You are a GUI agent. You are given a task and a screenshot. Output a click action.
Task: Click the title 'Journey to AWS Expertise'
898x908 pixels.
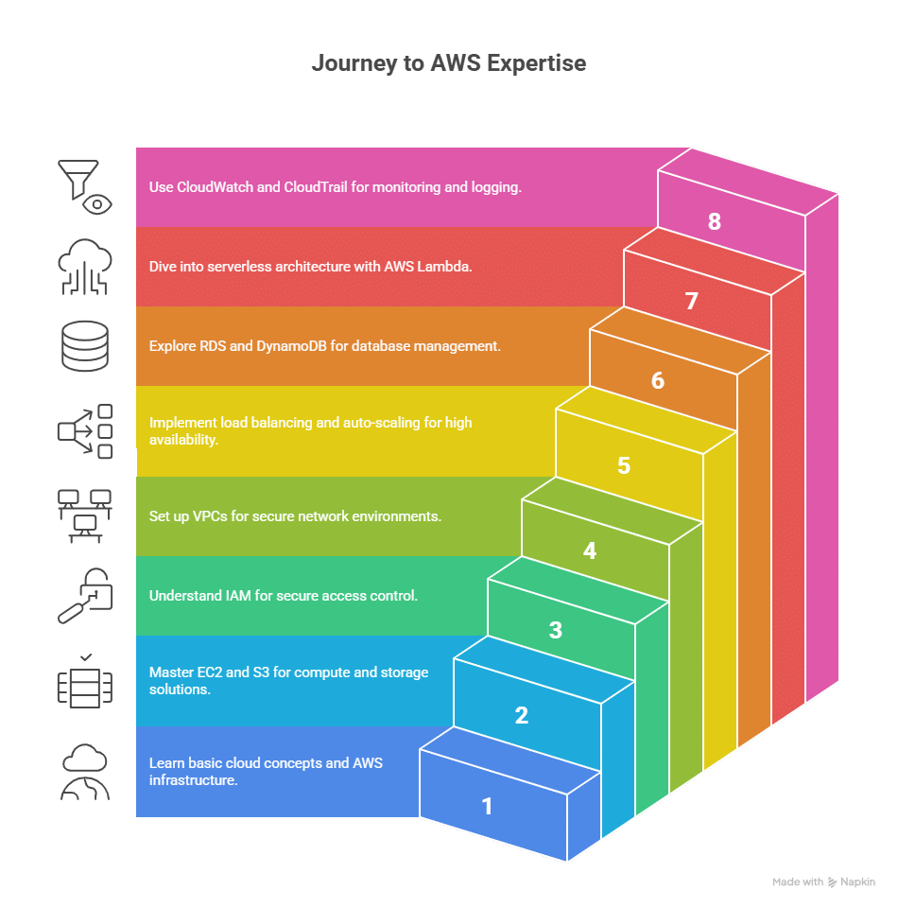449,63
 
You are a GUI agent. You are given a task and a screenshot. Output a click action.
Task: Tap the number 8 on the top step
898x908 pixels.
715,221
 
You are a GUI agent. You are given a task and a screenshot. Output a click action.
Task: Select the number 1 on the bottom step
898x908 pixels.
487,806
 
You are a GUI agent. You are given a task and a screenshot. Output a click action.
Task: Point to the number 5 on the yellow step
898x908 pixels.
624,465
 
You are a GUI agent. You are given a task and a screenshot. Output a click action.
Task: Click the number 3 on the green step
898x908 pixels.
556,630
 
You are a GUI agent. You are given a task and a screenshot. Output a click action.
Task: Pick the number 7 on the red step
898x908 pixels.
692,301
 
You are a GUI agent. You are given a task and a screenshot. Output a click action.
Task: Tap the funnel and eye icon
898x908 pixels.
85,186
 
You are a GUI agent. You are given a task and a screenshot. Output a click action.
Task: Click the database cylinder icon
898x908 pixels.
85,346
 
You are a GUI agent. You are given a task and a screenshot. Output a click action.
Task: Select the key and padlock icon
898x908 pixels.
85,596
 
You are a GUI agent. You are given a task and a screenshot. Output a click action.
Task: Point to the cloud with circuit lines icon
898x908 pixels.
85,267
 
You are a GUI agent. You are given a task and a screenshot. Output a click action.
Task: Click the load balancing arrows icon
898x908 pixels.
85,431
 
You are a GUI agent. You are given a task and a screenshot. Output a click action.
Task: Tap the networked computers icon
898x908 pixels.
85,515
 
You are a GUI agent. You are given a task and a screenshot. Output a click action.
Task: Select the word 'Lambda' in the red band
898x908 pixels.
447,267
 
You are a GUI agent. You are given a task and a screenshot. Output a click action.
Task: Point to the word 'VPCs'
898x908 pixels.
207,516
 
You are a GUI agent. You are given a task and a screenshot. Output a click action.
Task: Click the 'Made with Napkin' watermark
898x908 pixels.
823,882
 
